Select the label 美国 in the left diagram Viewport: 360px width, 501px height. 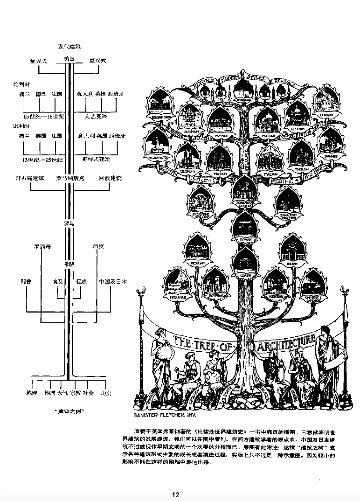tap(69, 59)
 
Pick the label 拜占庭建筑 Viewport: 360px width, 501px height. tap(29, 178)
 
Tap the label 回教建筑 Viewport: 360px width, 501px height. tap(110, 178)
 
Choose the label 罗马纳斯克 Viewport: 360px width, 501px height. tap(69, 178)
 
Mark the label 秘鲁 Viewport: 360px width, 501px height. tap(25, 282)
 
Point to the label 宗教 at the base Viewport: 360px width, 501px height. tap(76, 393)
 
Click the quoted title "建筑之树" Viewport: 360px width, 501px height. tap(69, 411)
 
